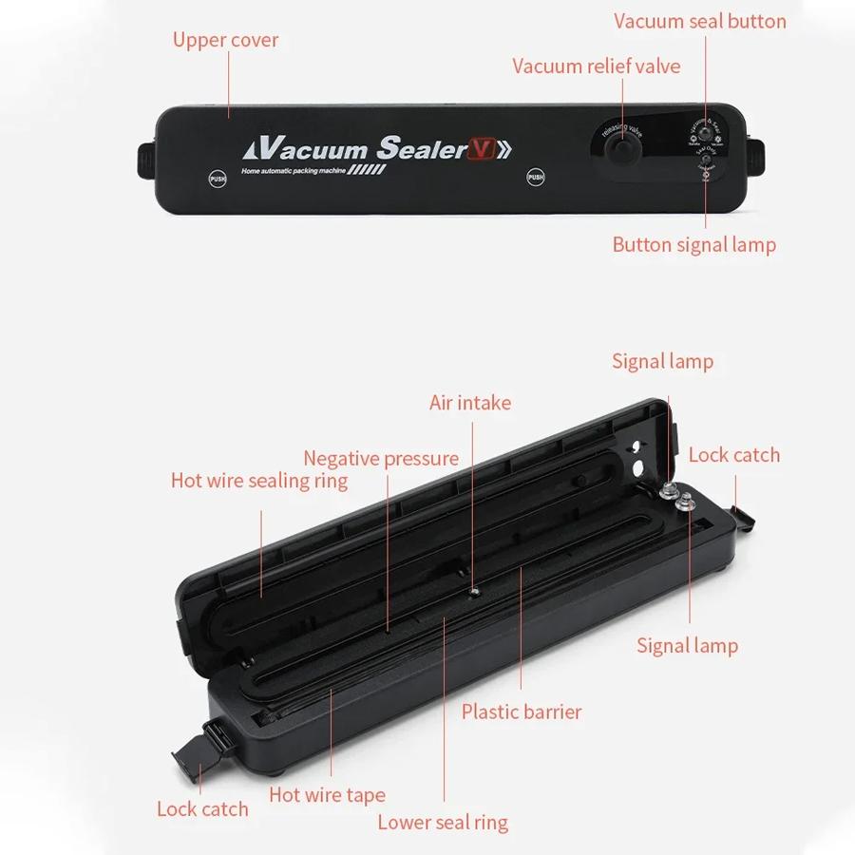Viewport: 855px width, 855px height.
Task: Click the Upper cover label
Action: [225, 40]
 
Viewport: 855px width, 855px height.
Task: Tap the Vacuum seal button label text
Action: [699, 21]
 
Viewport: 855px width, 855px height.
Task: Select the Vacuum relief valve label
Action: [596, 66]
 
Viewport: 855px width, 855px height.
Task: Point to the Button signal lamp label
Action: [693, 245]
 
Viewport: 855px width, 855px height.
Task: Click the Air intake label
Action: [469, 403]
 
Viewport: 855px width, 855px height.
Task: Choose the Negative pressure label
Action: [381, 459]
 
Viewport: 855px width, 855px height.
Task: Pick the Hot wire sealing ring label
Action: [259, 481]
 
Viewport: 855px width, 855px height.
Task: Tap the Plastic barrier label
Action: [522, 712]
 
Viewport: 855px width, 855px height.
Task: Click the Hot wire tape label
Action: [327, 795]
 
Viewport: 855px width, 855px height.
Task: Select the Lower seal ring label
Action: [443, 823]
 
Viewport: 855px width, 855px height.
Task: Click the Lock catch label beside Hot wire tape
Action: [202, 809]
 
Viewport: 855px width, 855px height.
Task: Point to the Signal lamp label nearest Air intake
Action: [662, 361]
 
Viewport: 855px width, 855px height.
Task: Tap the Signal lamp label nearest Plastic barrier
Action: [687, 646]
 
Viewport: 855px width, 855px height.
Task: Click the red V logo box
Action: [480, 149]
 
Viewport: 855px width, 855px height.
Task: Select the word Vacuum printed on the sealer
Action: [312, 149]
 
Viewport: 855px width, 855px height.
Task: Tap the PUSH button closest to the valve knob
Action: [536, 177]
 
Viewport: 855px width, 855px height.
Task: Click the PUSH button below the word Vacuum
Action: [218, 177]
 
